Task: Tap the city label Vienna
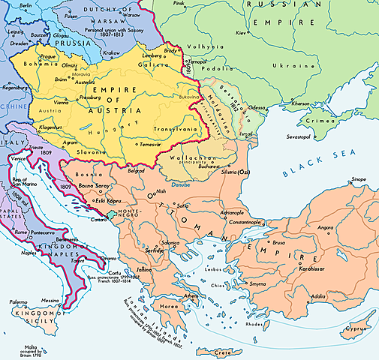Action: click(x=53, y=100)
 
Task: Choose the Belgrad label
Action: click(x=135, y=171)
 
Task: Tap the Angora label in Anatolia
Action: click(x=326, y=227)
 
